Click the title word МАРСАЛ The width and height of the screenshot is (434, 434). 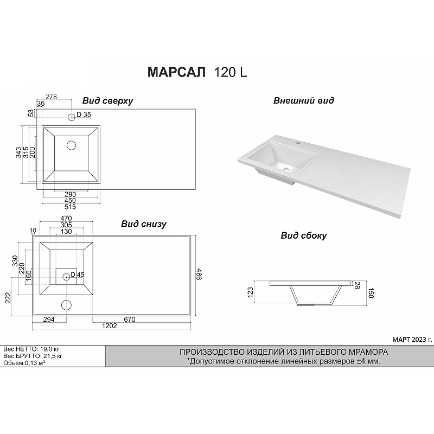click(177, 72)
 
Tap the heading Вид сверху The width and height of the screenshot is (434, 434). click(107, 101)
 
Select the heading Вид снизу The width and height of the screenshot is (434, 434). click(144, 224)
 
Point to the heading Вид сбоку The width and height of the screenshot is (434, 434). click(304, 235)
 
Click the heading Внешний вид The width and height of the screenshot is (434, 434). click(304, 100)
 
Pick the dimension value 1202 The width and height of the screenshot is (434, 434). click(110, 326)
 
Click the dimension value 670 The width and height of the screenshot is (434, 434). click(130, 320)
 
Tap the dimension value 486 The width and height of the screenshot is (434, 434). click(199, 274)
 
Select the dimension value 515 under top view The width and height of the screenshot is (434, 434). click(71, 207)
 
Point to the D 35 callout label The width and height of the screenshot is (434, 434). click(84, 114)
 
